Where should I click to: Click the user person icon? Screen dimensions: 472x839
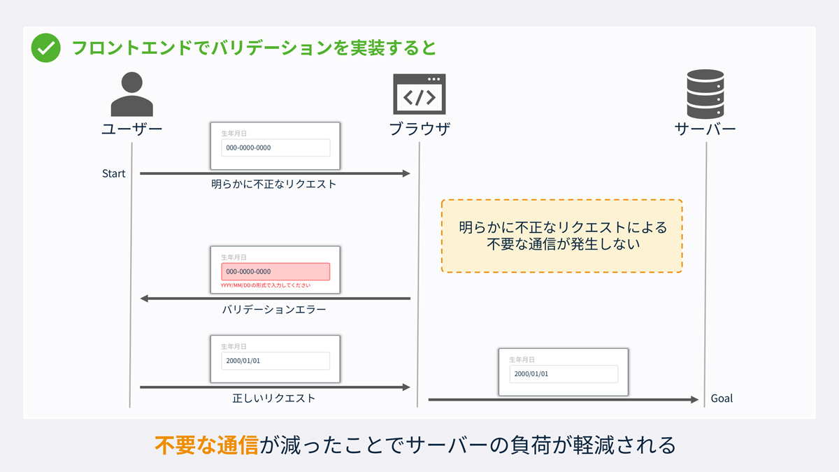[131, 94]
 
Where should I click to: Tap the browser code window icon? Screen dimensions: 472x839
[419, 94]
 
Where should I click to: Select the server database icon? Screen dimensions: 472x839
[705, 94]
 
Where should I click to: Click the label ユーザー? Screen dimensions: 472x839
[131, 129]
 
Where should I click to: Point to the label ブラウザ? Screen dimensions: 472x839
[419, 129]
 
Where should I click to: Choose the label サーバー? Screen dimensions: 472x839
[705, 129]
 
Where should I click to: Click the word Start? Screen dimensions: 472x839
[113, 173]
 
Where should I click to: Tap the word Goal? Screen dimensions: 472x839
[722, 399]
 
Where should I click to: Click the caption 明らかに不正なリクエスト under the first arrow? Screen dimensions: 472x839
[274, 185]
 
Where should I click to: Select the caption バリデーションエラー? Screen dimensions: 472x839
[274, 309]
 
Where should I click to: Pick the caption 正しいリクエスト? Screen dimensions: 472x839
[274, 399]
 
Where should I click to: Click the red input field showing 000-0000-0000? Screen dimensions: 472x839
[275, 271]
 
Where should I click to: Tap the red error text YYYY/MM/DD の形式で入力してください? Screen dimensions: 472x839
[266, 285]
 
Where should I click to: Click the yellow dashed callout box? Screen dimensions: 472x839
[562, 236]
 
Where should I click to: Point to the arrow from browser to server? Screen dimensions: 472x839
[563, 399]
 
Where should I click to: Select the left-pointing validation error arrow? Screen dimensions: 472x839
[275, 299]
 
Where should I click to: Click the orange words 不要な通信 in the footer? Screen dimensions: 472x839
[206, 445]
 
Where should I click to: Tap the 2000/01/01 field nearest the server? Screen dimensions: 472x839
[564, 373]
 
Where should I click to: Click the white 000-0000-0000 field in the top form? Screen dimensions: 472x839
[275, 148]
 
